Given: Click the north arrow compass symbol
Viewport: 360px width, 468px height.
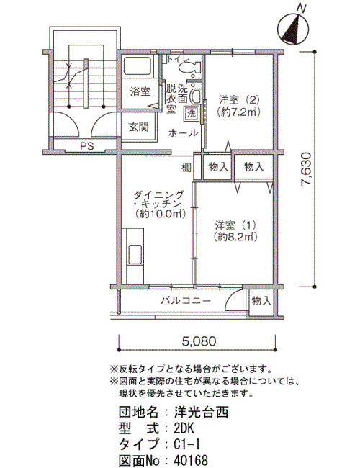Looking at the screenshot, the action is [293, 29].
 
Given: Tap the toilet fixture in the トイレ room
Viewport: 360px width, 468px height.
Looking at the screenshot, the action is [189, 68].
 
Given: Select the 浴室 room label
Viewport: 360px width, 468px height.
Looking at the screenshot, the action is [140, 91].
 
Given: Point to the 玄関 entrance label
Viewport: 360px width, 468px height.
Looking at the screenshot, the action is [138, 127].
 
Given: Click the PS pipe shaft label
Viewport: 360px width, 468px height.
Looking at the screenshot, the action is [87, 146].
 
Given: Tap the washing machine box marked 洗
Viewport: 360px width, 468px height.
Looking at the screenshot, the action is [192, 114].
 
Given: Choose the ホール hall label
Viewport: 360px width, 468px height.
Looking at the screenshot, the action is [183, 132].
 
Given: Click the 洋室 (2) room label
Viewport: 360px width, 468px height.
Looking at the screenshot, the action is [239, 105].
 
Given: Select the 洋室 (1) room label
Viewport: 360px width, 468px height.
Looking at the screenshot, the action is [235, 230].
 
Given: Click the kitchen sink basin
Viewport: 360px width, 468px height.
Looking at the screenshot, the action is [135, 255].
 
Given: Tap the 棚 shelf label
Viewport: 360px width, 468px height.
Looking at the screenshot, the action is [187, 168].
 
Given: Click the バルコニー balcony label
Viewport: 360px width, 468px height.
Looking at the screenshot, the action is [186, 300].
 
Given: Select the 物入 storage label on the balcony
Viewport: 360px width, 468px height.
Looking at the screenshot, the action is [261, 300].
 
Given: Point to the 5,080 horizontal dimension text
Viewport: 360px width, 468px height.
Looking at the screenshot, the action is [199, 341].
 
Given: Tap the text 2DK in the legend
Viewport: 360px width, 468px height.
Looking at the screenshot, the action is [184, 429].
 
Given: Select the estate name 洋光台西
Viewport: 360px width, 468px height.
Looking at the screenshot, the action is [201, 412].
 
